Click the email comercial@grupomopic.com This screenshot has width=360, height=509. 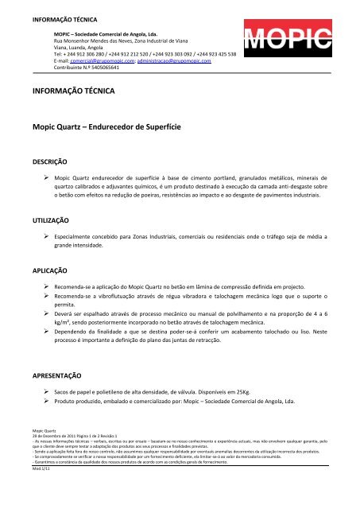[x=99, y=60]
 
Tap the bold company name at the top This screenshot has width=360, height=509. [x=105, y=35]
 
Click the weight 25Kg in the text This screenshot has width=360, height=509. [x=245, y=392]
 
